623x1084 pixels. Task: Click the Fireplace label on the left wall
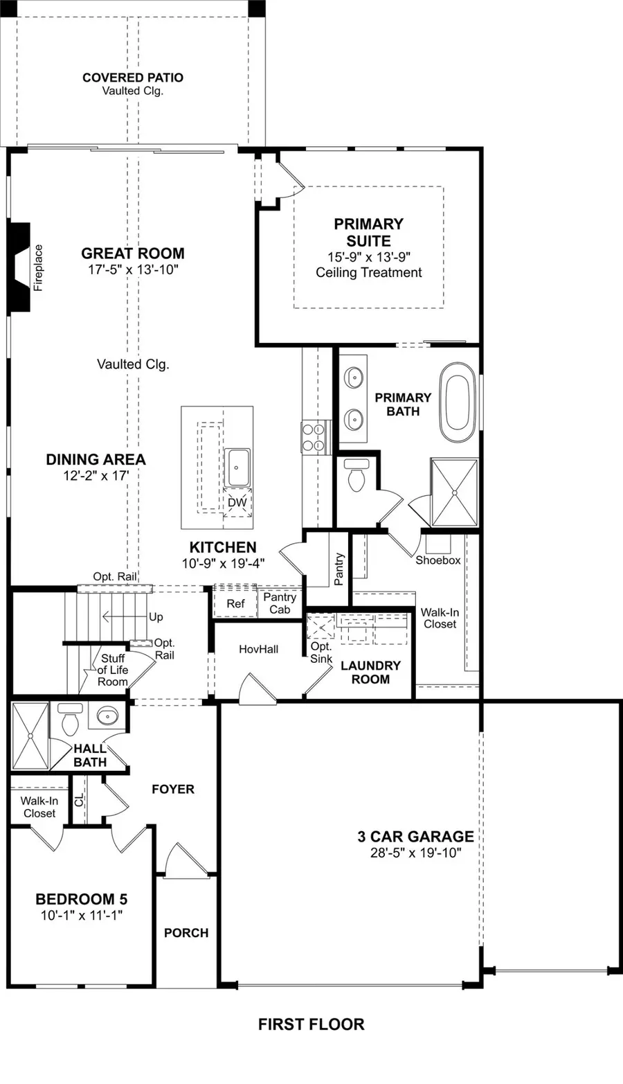point(39,267)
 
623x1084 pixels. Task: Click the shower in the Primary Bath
point(454,492)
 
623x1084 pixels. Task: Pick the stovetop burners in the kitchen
point(314,438)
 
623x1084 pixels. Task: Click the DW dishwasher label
point(237,503)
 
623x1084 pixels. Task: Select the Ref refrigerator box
point(235,603)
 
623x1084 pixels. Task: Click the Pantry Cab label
point(280,603)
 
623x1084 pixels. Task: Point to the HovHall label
point(258,649)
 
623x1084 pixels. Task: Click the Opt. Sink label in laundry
point(321,652)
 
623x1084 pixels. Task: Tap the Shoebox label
point(437,560)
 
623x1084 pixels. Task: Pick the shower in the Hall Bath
point(30,736)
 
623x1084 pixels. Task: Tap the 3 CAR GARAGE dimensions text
point(415,853)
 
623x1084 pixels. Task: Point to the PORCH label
point(186,932)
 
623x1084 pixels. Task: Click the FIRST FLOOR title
point(311,1024)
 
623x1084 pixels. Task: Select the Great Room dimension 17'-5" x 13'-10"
point(133,269)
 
